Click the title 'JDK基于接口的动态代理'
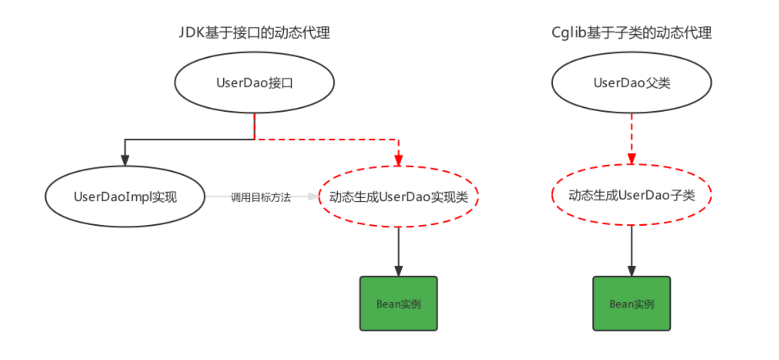pyautogui.click(x=254, y=33)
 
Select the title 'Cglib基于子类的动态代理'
pyautogui.click(x=631, y=33)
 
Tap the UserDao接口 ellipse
pyautogui.click(x=254, y=83)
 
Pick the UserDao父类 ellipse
pyautogui.click(x=631, y=83)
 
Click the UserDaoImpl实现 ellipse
pyautogui.click(x=125, y=197)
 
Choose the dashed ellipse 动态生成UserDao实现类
pyautogui.click(x=398, y=197)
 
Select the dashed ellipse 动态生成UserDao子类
pyautogui.click(x=631, y=195)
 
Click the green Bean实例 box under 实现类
pyautogui.click(x=398, y=304)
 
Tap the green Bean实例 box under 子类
pyautogui.click(x=631, y=304)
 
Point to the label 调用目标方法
pyautogui.click(x=260, y=197)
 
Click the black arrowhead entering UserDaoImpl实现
pyautogui.click(x=125, y=160)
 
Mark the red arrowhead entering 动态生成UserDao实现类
pyautogui.click(x=398, y=160)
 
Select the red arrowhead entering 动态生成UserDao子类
pyautogui.click(x=632, y=159)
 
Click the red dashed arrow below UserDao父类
pyautogui.click(x=632, y=135)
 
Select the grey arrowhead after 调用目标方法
pyautogui.click(x=313, y=196)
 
